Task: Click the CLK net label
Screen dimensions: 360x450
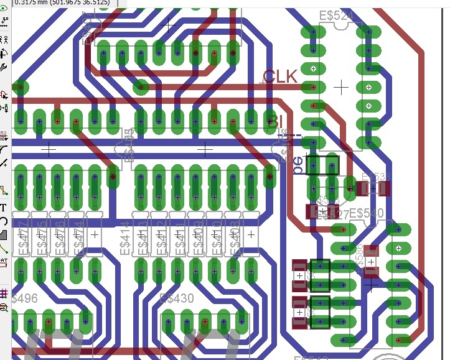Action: (280, 76)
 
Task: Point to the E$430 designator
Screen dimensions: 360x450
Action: (177, 299)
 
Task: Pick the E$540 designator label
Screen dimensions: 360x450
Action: (367, 213)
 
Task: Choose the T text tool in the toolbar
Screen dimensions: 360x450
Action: (4, 208)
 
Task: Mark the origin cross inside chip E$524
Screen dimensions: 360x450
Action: (340, 88)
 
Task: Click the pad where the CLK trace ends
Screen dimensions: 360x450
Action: (313, 87)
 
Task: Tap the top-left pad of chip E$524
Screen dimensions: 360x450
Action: (307, 31)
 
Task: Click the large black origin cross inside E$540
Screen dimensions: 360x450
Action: (371, 284)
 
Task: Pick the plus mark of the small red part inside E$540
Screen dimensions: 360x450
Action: (371, 262)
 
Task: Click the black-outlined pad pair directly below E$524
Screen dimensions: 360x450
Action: (323, 166)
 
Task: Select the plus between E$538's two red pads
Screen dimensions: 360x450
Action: (373, 187)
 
